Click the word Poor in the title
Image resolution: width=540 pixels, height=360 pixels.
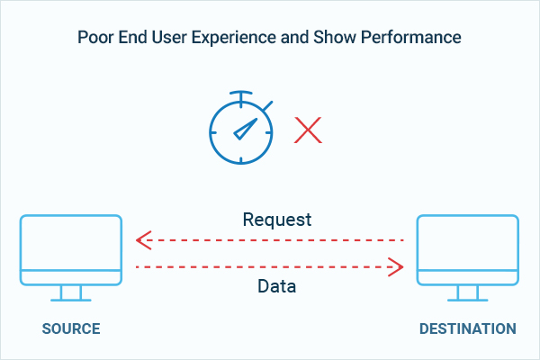[95, 37]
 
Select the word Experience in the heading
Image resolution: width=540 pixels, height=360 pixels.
[234, 38]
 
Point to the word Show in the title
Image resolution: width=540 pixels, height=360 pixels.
[334, 37]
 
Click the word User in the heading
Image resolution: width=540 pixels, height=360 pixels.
[169, 37]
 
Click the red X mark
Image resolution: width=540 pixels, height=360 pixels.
[308, 130]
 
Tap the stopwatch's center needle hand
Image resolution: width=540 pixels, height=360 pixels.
[246, 129]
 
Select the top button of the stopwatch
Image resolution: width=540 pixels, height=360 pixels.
[241, 95]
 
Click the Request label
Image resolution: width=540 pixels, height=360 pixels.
[277, 220]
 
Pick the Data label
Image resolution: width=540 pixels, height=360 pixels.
[277, 286]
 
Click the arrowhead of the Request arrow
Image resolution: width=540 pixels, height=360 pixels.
[144, 240]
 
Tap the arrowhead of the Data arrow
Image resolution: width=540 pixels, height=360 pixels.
[396, 266]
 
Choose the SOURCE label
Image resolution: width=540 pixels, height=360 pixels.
[71, 328]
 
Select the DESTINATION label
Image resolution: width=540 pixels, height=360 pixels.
[468, 328]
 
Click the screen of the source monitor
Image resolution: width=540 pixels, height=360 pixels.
[71, 243]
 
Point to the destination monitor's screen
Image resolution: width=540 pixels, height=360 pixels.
[468, 243]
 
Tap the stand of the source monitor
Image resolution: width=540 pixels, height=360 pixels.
[71, 293]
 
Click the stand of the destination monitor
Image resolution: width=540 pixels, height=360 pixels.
[468, 293]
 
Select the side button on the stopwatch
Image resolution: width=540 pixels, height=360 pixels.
[267, 106]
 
